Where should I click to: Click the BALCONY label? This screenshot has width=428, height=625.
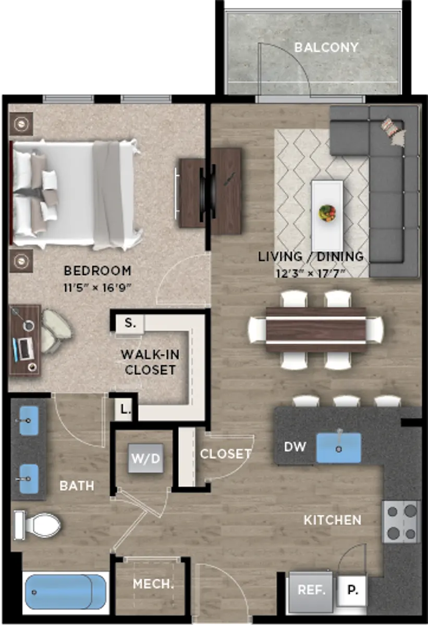pyautogui.click(x=326, y=47)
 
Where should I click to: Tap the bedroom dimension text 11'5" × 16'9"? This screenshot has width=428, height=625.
pyautogui.click(x=97, y=287)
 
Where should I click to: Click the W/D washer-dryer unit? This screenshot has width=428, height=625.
pyautogui.click(x=146, y=458)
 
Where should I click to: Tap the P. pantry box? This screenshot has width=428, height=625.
pyautogui.click(x=352, y=591)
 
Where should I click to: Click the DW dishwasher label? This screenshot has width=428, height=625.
pyautogui.click(x=295, y=447)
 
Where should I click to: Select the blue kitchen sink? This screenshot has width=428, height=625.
pyautogui.click(x=338, y=447)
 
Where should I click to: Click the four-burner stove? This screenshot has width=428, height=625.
pyautogui.click(x=401, y=521)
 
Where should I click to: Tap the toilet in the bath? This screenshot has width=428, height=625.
pyautogui.click(x=38, y=525)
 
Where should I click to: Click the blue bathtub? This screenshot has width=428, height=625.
pyautogui.click(x=66, y=592)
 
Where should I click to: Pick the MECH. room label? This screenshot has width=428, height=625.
pyautogui.click(x=153, y=584)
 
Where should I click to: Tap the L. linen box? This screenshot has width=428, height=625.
pyautogui.click(x=125, y=409)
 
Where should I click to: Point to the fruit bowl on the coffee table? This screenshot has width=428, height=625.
pyautogui.click(x=327, y=213)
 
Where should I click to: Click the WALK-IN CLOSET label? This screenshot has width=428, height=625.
pyautogui.click(x=150, y=362)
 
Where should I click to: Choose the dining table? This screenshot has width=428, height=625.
pyautogui.click(x=316, y=330)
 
